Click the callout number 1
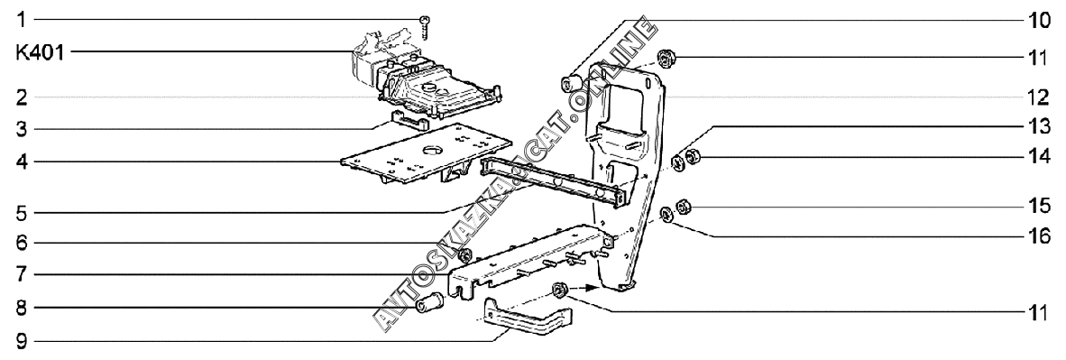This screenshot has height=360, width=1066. click(21, 20)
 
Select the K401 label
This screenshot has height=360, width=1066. click(40, 52)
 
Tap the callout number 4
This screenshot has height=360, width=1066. click(21, 162)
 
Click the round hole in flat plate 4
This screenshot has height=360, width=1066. click(432, 148)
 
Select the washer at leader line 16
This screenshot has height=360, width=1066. click(667, 216)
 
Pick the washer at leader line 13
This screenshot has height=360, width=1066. click(677, 162)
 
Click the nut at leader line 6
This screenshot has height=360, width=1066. click(465, 256)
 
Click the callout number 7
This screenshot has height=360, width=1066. click(21, 275)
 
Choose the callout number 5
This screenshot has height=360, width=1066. click(21, 213)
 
